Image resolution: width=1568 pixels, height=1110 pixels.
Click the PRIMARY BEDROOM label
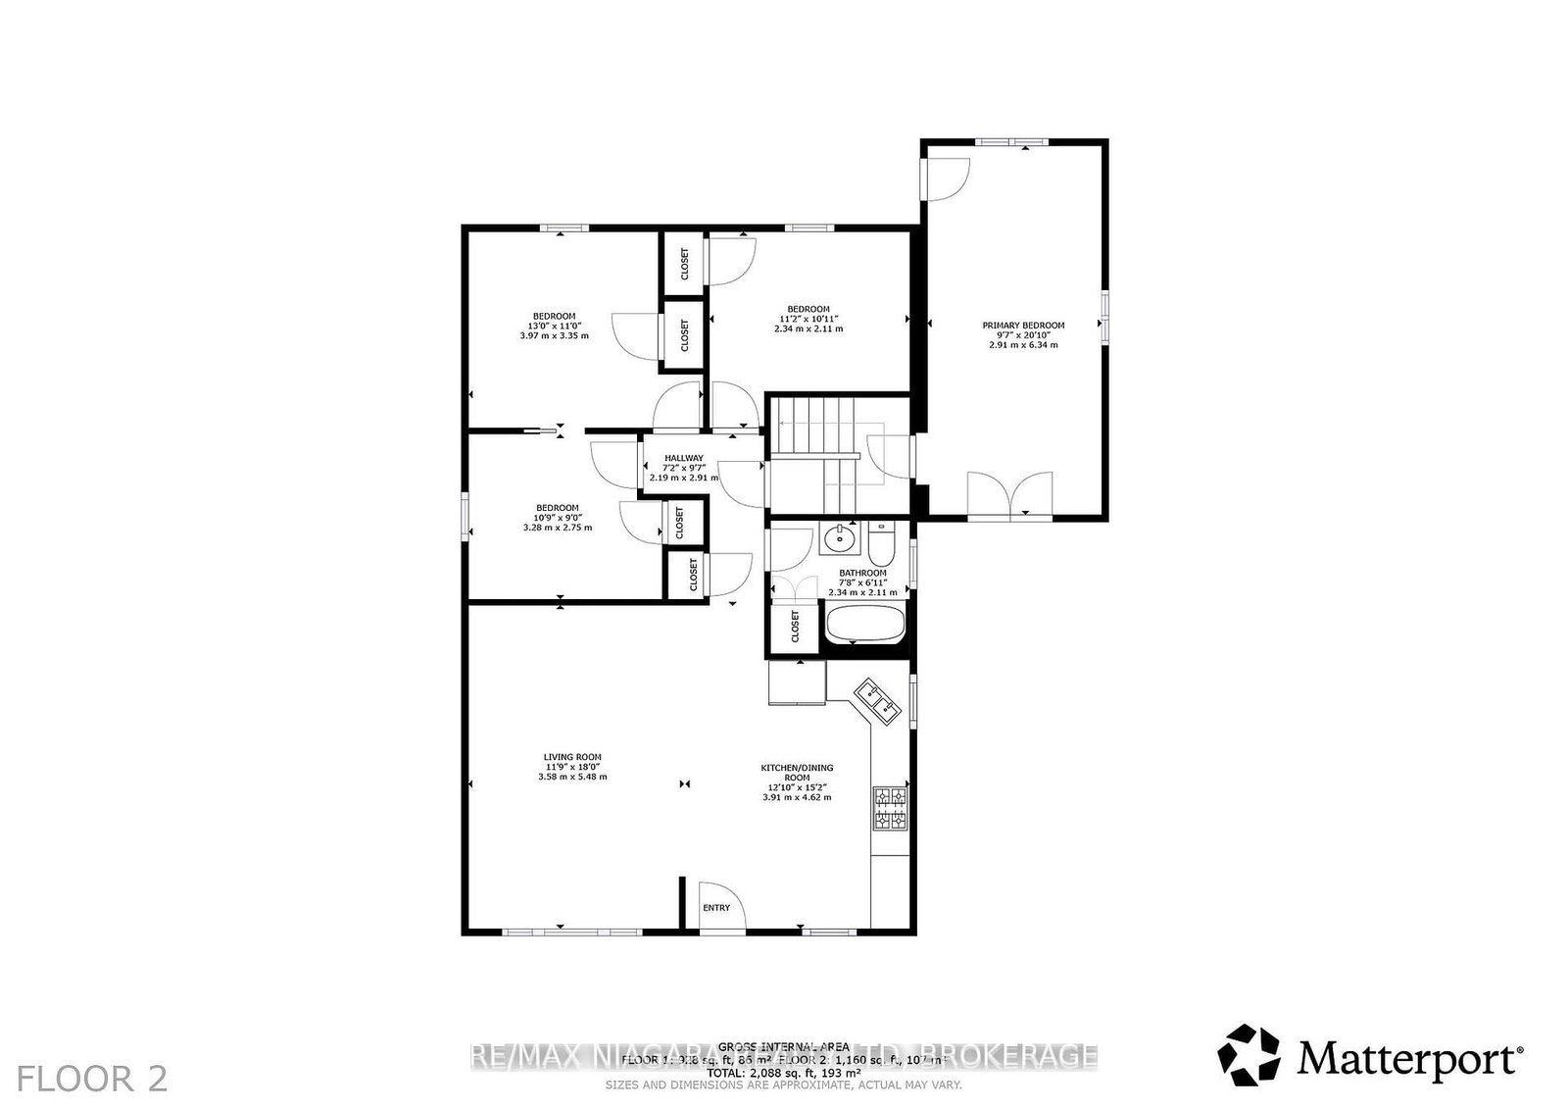(1023, 325)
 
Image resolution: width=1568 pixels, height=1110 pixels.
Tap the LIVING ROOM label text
(572, 757)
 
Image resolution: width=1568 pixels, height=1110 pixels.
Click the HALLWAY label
(684, 458)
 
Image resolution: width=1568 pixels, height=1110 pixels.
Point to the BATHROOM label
(862, 573)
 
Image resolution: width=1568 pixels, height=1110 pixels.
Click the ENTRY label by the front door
(716, 908)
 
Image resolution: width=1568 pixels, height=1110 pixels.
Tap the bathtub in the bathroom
(865, 624)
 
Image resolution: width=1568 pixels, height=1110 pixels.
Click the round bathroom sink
(839, 538)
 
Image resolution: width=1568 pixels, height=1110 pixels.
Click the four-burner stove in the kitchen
(890, 809)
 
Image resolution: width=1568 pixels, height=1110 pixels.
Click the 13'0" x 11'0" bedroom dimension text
(554, 326)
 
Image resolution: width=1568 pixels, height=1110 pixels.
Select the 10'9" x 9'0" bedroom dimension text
(558, 518)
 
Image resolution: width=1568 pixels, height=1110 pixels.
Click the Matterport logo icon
(1249, 1056)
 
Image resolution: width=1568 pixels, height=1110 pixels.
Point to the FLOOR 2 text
(93, 1079)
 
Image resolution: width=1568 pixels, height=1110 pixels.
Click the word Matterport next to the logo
(1407, 1058)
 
